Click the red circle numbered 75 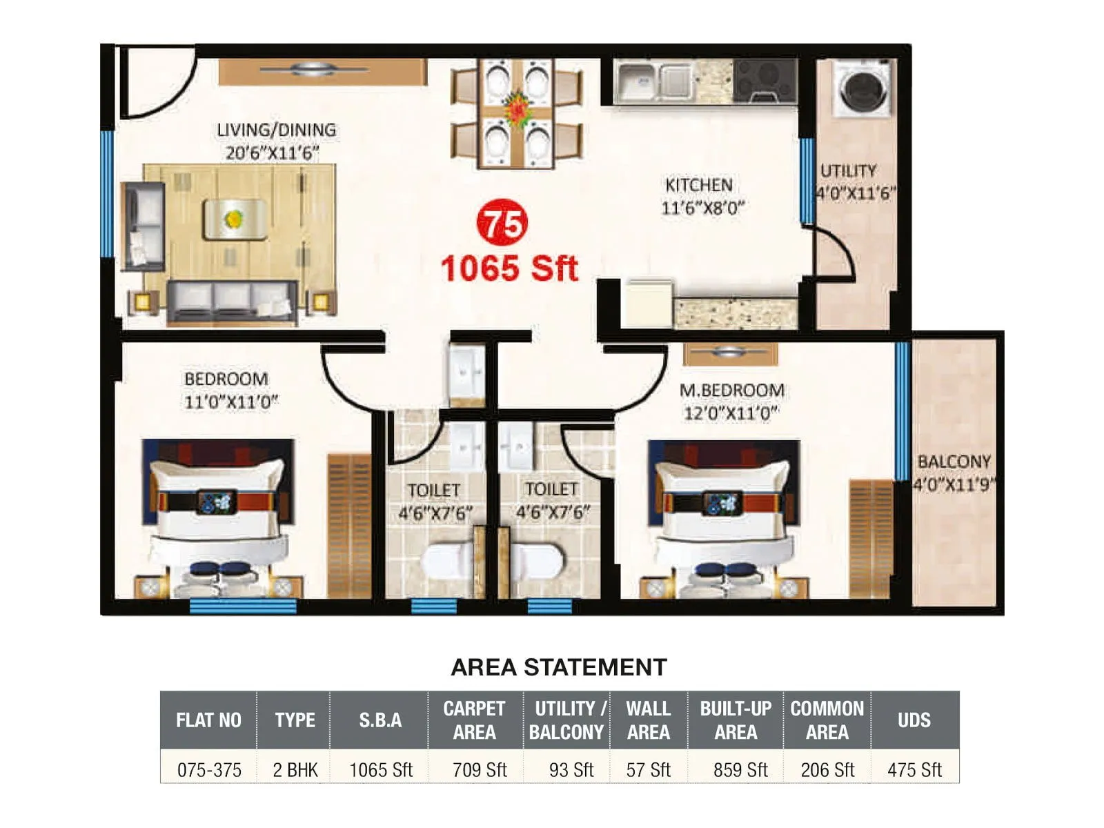pyautogui.click(x=502, y=223)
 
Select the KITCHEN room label pyautogui.click(x=698, y=185)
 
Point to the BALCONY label pyautogui.click(x=954, y=461)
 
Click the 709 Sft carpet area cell pyautogui.click(x=479, y=769)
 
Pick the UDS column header pyautogui.click(x=914, y=720)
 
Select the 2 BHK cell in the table pyautogui.click(x=295, y=769)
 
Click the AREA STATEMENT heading pyautogui.click(x=558, y=667)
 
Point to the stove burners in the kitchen pyautogui.click(x=765, y=81)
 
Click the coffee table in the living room pyautogui.click(x=235, y=219)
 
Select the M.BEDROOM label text pyautogui.click(x=731, y=391)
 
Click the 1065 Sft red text pyautogui.click(x=509, y=268)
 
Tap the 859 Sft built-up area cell pyautogui.click(x=740, y=769)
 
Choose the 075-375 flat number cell pyautogui.click(x=209, y=769)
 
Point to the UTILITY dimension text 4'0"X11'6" pyautogui.click(x=856, y=193)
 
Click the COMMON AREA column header pyautogui.click(x=827, y=720)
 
